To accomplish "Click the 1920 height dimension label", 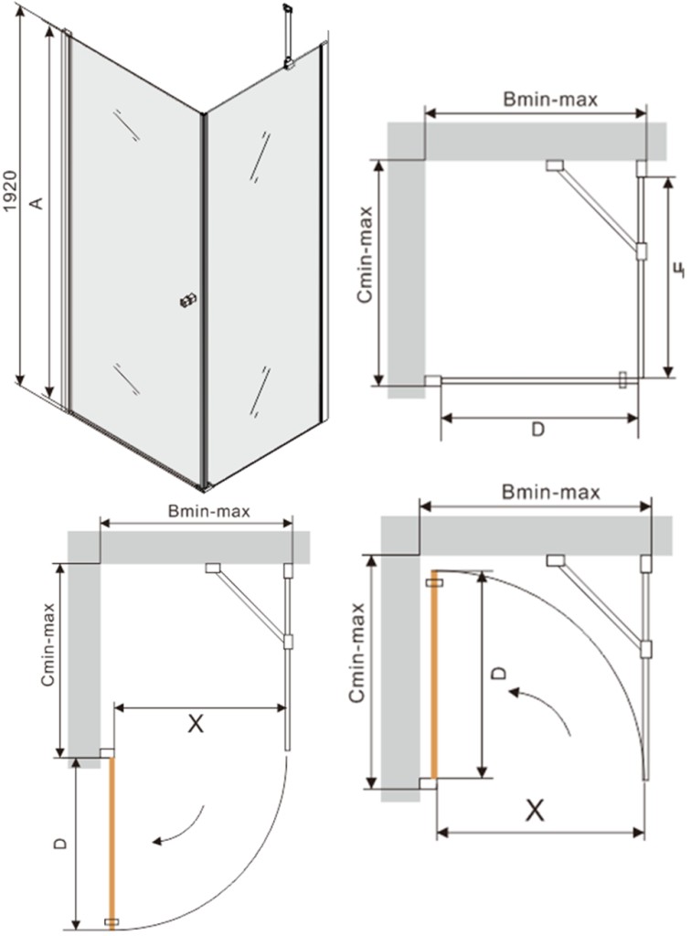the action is pos(11,192).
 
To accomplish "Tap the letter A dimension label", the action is pos(37,202).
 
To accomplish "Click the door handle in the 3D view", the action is pos(188,301).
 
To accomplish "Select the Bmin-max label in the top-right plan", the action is pos(550,99).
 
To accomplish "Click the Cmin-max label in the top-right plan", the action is pos(366,255).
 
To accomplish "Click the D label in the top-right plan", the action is pos(537,429).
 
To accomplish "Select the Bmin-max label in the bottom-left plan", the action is pos(208,512).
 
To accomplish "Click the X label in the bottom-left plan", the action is pos(195,724).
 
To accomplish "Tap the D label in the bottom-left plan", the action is pos(59,844).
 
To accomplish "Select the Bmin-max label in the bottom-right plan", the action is pos(551,493).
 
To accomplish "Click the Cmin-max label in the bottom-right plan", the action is pos(356,653).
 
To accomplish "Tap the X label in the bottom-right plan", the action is pos(535,811).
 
